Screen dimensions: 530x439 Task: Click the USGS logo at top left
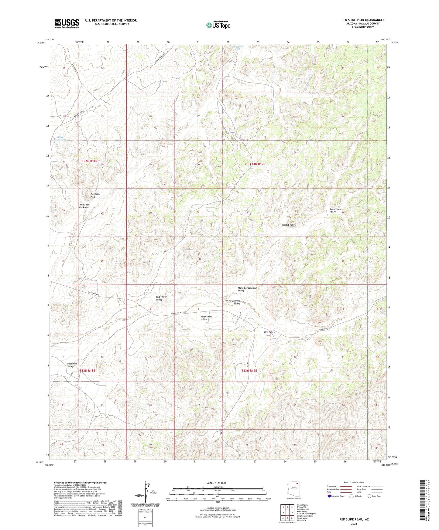coord(67,23)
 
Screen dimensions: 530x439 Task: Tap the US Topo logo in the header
coord(218,25)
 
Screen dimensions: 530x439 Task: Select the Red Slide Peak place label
coord(95,196)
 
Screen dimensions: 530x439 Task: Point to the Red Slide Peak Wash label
coord(85,206)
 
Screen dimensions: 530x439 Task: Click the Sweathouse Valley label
coord(336,210)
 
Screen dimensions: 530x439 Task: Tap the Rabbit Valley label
coord(289,225)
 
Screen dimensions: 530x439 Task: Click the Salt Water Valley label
coord(161,298)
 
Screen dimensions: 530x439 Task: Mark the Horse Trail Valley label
coord(206,318)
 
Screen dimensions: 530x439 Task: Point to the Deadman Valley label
coord(72,365)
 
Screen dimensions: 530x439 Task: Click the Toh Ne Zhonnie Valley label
coord(232,302)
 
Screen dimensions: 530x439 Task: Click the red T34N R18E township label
coord(90,161)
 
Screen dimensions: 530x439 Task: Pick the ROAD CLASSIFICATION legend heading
coord(354,482)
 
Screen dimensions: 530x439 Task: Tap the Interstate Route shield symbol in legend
coord(330,496)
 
